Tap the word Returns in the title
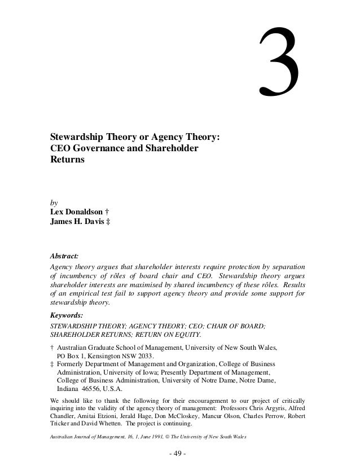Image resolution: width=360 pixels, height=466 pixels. click(x=68, y=160)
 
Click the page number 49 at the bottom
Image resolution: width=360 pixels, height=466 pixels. click(x=180, y=454)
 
